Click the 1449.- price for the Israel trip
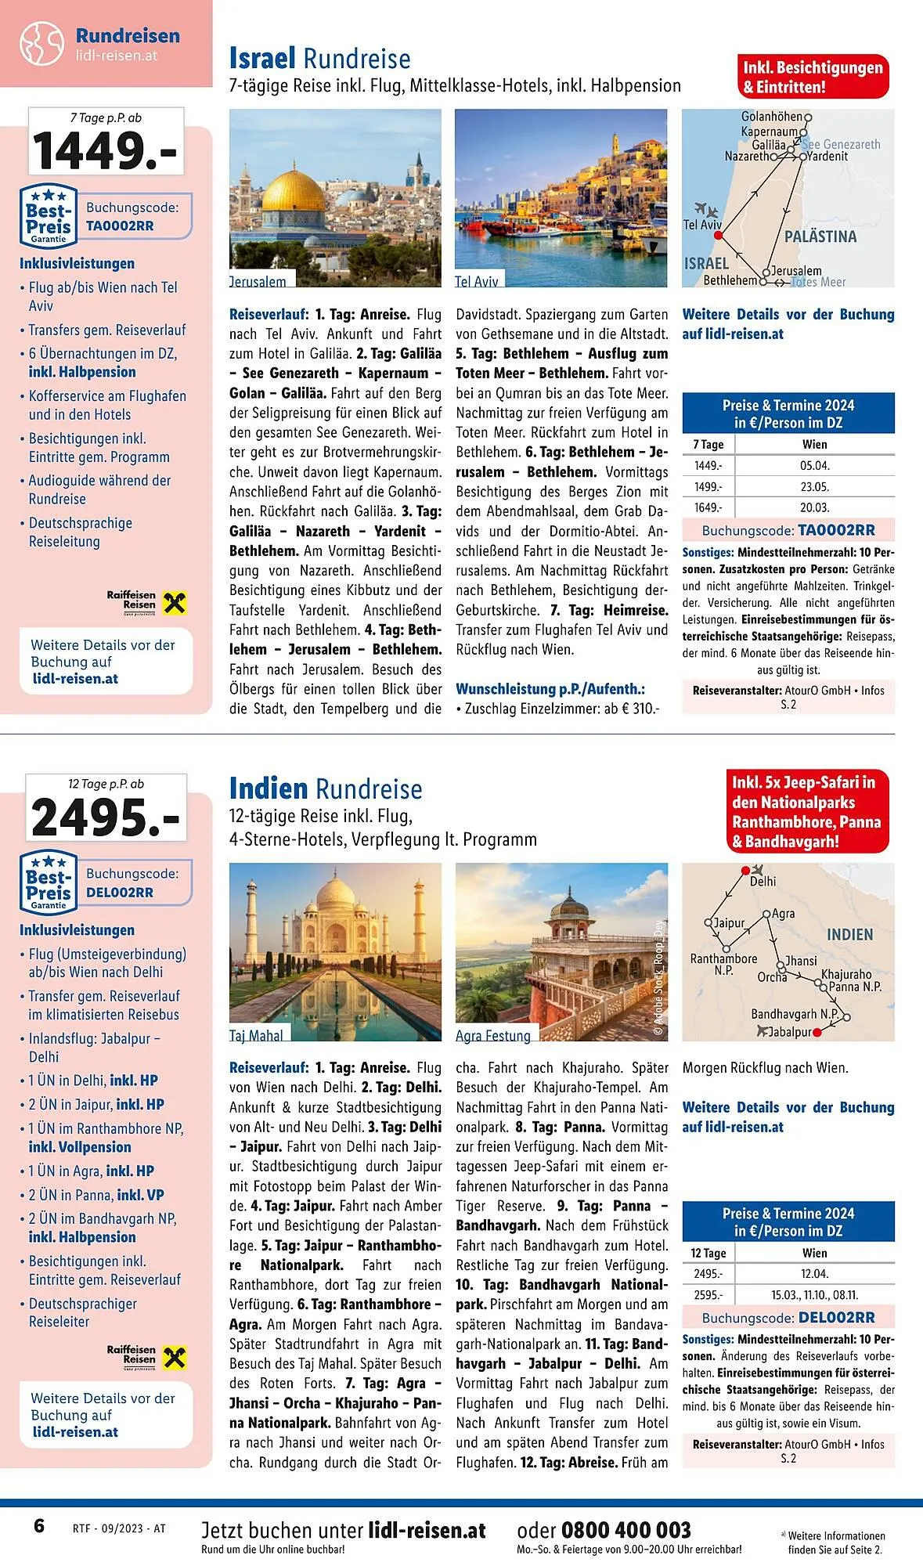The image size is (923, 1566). pos(105,151)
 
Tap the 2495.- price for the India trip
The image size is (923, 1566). pos(106,817)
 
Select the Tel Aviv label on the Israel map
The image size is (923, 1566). pos(702,225)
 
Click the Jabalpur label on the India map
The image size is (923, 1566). pos(790,1032)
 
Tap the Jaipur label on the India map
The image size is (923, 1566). pos(729,922)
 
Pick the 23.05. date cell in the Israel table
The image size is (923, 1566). pos(814,486)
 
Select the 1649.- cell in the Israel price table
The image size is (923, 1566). pos(708,507)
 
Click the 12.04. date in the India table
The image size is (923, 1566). pos(814,1274)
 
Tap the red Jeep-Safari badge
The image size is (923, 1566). pos(806,812)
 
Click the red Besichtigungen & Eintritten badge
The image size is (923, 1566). pos(813,77)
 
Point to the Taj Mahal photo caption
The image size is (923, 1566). pos(256,1035)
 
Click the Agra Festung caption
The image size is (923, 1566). pos(493,1035)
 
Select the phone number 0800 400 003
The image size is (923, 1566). pos(626,1530)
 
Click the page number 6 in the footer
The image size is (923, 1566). pos(39,1526)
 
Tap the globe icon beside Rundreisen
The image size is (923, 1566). pos(41,43)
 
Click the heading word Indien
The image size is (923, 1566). pos(269,788)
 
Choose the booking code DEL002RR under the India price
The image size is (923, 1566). pos(120,892)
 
